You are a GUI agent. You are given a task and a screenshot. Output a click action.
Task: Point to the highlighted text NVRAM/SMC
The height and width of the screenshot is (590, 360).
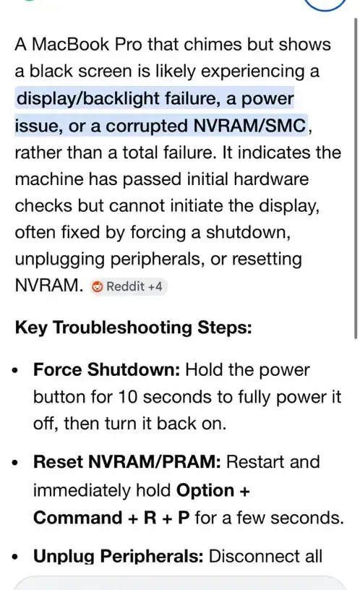coord(249,126)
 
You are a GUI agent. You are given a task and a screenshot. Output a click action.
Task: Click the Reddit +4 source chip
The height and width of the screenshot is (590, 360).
coord(129,286)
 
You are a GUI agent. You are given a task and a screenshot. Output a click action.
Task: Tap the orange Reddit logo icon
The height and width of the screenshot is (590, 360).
coord(97,287)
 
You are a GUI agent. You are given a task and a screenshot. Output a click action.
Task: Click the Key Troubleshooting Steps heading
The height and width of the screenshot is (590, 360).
coord(133,328)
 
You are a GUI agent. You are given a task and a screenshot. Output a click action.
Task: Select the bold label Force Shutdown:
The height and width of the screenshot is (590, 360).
coord(107,369)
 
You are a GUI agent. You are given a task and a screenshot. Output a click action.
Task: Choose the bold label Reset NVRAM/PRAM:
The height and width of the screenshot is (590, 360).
coord(127,462)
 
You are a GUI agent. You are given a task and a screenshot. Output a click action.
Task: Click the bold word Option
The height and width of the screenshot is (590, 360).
coord(205,490)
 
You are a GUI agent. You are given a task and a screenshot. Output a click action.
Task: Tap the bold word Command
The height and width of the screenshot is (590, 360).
coord(78,518)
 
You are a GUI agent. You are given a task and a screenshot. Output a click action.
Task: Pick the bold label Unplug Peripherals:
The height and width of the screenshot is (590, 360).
coord(118,557)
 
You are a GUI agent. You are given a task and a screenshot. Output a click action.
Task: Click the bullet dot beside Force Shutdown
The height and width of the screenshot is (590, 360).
coord(15,371)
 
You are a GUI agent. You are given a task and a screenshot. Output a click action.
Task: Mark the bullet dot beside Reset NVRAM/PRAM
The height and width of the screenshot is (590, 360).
coord(15,463)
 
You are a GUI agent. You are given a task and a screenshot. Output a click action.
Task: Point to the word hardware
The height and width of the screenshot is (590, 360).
coord(271,179)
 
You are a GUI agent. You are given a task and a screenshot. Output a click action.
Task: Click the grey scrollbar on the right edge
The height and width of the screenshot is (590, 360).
coord(356,178)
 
